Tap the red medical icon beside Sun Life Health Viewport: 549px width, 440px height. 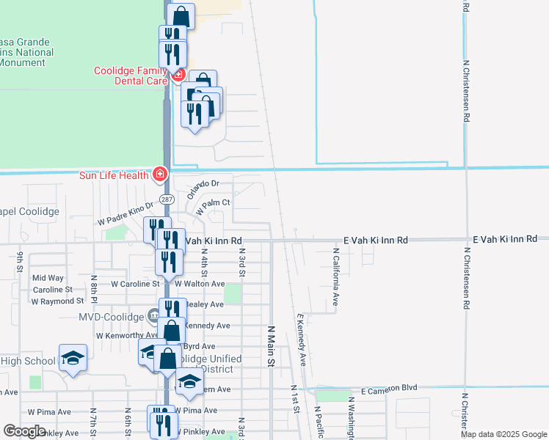pos(159,175)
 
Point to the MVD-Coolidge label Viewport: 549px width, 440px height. pos(111,317)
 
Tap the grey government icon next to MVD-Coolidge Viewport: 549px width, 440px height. pos(153,316)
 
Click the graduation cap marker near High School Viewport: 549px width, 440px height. pos(73,358)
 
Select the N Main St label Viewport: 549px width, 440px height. pos(270,346)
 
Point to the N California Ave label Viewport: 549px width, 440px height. pos(335,279)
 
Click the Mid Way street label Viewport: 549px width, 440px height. pos(48,278)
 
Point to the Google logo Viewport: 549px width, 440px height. pos(25,431)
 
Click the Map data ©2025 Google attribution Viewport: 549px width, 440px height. pos(503,434)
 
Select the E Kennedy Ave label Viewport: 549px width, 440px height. pos(302,341)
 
